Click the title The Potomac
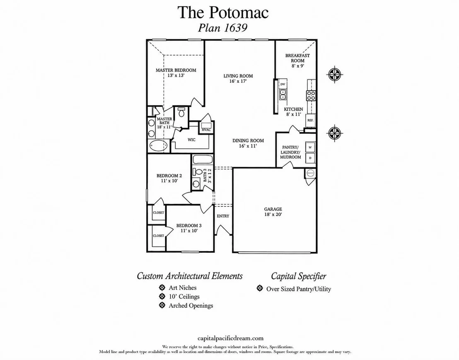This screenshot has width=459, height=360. pos(223,12)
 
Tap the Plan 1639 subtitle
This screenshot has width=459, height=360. pos(223,28)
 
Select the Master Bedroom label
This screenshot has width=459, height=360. pos(176,72)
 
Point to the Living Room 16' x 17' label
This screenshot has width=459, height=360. pos(238,78)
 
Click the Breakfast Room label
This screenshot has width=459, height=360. pos(297,60)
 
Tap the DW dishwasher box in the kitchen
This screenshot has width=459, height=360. pos(283,84)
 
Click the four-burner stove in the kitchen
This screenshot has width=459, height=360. pos(311,95)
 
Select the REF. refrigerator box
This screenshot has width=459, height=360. pos(310,120)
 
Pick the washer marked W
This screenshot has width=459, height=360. pos(310,147)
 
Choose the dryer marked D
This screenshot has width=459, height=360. pos(310,158)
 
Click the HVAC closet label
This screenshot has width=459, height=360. pos(206,130)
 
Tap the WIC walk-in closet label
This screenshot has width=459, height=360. pos(191,140)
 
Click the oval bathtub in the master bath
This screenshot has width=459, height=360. pos(158,146)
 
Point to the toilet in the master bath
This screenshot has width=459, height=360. pos(181,113)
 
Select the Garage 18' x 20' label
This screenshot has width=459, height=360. pos(273,212)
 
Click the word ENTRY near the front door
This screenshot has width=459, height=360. pos(223,216)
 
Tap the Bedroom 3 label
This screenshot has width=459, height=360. pos(189,228)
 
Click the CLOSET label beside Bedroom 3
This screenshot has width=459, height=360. pos(158,236)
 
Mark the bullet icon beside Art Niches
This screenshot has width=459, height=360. pos(162,288)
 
